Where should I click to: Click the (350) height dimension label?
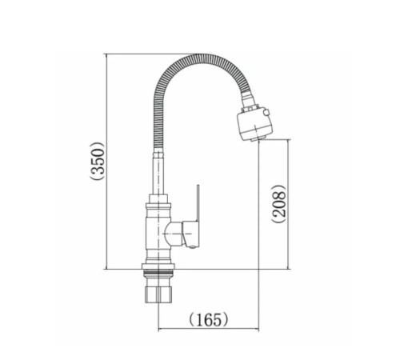[x=98, y=162]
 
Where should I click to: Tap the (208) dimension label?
[x=278, y=204]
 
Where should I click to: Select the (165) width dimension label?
[x=209, y=319]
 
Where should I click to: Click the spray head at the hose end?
[x=255, y=123]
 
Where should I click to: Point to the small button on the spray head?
[x=266, y=113]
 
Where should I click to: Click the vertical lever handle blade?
[x=198, y=203]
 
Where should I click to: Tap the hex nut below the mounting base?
[x=159, y=294]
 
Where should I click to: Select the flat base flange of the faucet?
[x=158, y=266]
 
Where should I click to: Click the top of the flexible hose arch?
[x=198, y=57]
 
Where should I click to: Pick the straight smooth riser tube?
[x=158, y=177]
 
